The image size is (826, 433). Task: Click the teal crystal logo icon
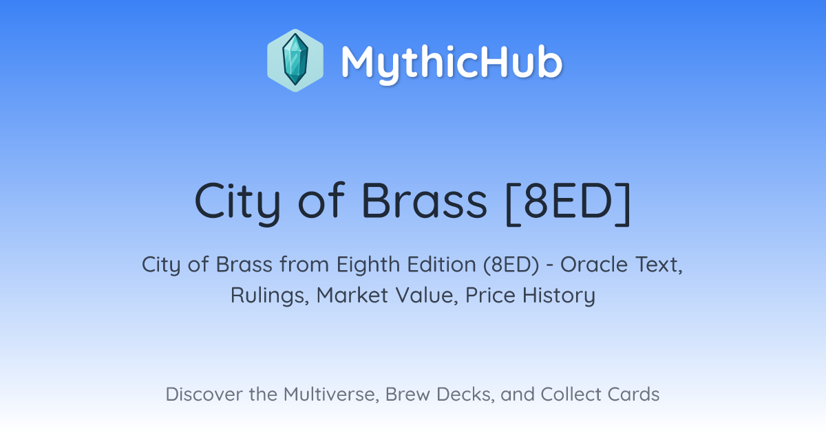pyautogui.click(x=295, y=60)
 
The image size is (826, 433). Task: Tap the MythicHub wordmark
pyautogui.click(x=452, y=63)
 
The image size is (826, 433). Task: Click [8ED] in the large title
pyautogui.click(x=568, y=203)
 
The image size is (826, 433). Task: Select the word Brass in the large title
pyautogui.click(x=424, y=201)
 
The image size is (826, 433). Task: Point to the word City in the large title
pyautogui.click(x=237, y=203)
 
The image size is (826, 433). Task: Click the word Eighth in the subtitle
pyautogui.click(x=368, y=265)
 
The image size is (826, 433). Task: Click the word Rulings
pyautogui.click(x=270, y=296)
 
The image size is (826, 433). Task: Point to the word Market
pyautogui.click(x=352, y=296)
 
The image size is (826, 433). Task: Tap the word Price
pyautogui.click(x=490, y=296)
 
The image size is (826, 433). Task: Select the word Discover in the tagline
pyautogui.click(x=204, y=394)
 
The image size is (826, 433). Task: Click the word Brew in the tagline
pyautogui.click(x=407, y=394)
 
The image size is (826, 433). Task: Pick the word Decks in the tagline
pyautogui.click(x=465, y=395)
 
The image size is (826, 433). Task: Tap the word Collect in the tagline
pyautogui.click(x=571, y=394)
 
